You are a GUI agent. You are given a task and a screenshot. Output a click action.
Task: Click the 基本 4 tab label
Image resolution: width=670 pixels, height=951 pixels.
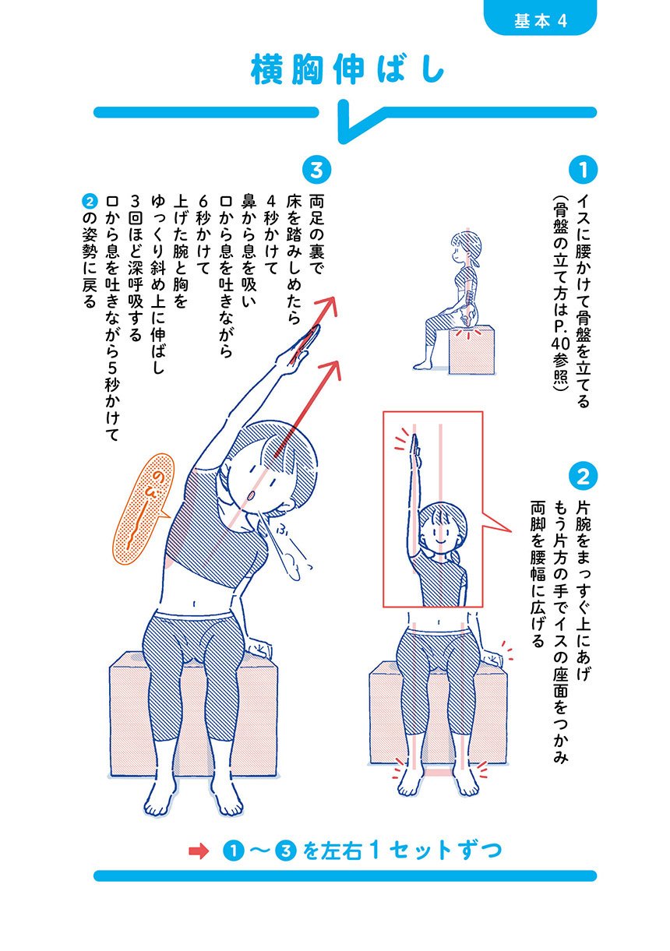540,20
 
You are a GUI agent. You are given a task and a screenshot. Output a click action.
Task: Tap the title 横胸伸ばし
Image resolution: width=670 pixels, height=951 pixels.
347,69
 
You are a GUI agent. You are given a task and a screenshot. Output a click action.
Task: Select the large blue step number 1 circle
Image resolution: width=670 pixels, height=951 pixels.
583,170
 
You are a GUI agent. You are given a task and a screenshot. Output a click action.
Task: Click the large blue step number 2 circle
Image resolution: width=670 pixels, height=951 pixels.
583,477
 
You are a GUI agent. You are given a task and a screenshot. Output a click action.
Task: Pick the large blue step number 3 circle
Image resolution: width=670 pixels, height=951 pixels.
316,171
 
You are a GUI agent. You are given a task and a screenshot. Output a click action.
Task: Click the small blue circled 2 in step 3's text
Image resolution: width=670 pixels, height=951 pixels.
90,201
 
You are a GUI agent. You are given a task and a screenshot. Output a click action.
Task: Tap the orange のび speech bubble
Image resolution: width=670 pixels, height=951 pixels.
143,509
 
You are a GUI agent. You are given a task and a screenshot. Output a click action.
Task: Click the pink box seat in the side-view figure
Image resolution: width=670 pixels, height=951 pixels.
471,350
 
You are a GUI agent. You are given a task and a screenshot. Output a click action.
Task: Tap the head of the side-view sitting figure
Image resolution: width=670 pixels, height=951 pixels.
465,248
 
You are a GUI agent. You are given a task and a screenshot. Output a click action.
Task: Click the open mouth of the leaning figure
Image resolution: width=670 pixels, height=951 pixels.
251,495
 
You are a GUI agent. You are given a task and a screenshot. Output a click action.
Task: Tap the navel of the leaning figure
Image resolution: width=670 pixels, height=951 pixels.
194,604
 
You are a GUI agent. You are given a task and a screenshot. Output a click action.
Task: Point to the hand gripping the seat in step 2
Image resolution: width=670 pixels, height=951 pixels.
492,658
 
